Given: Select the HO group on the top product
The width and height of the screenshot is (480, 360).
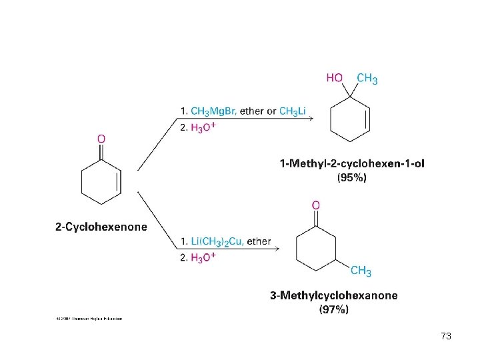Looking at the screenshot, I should [x=334, y=79].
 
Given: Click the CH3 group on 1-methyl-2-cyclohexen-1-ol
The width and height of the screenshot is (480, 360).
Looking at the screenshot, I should [x=367, y=79].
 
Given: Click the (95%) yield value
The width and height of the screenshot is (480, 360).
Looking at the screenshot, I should [x=351, y=178].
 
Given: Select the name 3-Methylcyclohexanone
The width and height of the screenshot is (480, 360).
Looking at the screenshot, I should [x=333, y=295].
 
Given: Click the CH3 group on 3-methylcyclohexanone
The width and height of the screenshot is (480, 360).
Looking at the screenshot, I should [x=361, y=271].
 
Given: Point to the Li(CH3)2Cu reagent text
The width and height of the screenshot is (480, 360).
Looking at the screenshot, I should [x=209, y=241].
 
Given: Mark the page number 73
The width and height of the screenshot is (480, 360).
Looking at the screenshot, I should [x=446, y=337].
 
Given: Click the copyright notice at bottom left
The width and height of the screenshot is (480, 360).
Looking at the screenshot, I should [x=89, y=319].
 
